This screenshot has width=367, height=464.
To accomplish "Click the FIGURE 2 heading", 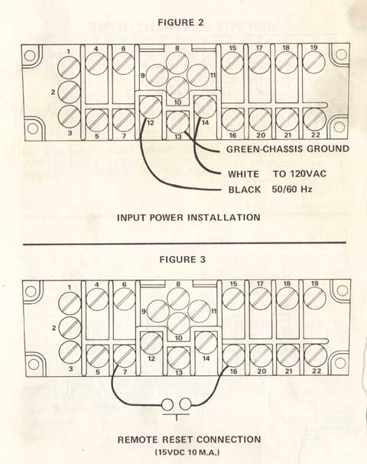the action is [x=181, y=22].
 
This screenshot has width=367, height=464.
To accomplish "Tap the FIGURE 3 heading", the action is [x=182, y=260].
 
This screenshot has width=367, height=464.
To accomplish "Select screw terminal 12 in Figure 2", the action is [x=151, y=107].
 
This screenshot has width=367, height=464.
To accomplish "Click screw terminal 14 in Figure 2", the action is [x=205, y=107].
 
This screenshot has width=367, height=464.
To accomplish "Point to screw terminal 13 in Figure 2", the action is [x=178, y=122].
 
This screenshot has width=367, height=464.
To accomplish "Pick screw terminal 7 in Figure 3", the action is [x=125, y=356].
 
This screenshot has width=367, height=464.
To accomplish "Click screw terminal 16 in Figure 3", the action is [x=233, y=355].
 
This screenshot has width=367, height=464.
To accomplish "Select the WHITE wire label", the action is [x=243, y=174].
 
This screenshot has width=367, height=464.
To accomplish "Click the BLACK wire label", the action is [x=245, y=190].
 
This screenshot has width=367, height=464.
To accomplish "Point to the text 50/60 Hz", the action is [x=292, y=189].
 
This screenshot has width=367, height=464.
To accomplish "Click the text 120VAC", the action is [x=308, y=174].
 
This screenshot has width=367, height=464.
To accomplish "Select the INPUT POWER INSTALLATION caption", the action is [x=189, y=218].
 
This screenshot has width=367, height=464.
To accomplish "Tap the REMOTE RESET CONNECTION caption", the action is [x=189, y=440].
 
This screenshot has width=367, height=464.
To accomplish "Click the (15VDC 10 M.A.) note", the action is [x=187, y=453].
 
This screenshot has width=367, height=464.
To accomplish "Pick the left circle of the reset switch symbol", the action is [x=167, y=404].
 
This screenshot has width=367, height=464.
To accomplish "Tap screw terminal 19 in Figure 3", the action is [x=315, y=298].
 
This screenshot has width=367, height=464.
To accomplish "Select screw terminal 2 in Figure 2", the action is [x=69, y=92].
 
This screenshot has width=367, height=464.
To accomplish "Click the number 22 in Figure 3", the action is [x=316, y=371].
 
